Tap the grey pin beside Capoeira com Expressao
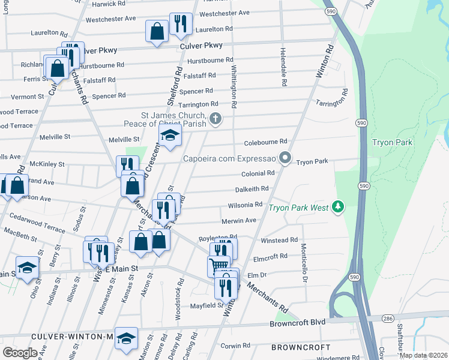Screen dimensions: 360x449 pos(286,159)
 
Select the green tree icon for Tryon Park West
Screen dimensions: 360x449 pos(339,207)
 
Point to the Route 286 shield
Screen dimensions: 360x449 pos(388,319)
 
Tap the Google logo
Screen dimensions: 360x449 pos(20,352)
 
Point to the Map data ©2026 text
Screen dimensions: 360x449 pos(423,355)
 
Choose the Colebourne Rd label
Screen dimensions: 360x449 pos(265,142)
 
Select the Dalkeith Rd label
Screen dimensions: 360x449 pos(251,188)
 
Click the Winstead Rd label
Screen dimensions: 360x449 pos(279,240)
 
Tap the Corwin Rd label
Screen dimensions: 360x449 pos(235,346)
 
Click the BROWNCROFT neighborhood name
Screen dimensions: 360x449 pos(300,347)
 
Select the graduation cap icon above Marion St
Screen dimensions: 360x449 pos(126,338)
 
